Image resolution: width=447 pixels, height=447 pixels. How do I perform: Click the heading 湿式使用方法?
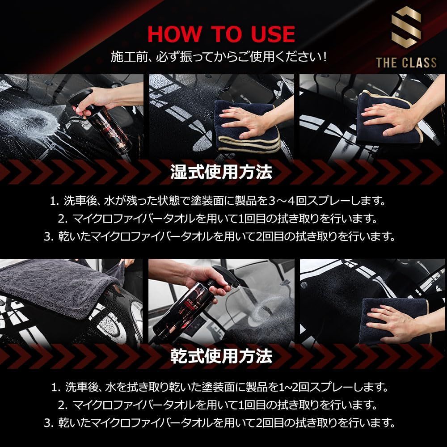click(221, 173)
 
